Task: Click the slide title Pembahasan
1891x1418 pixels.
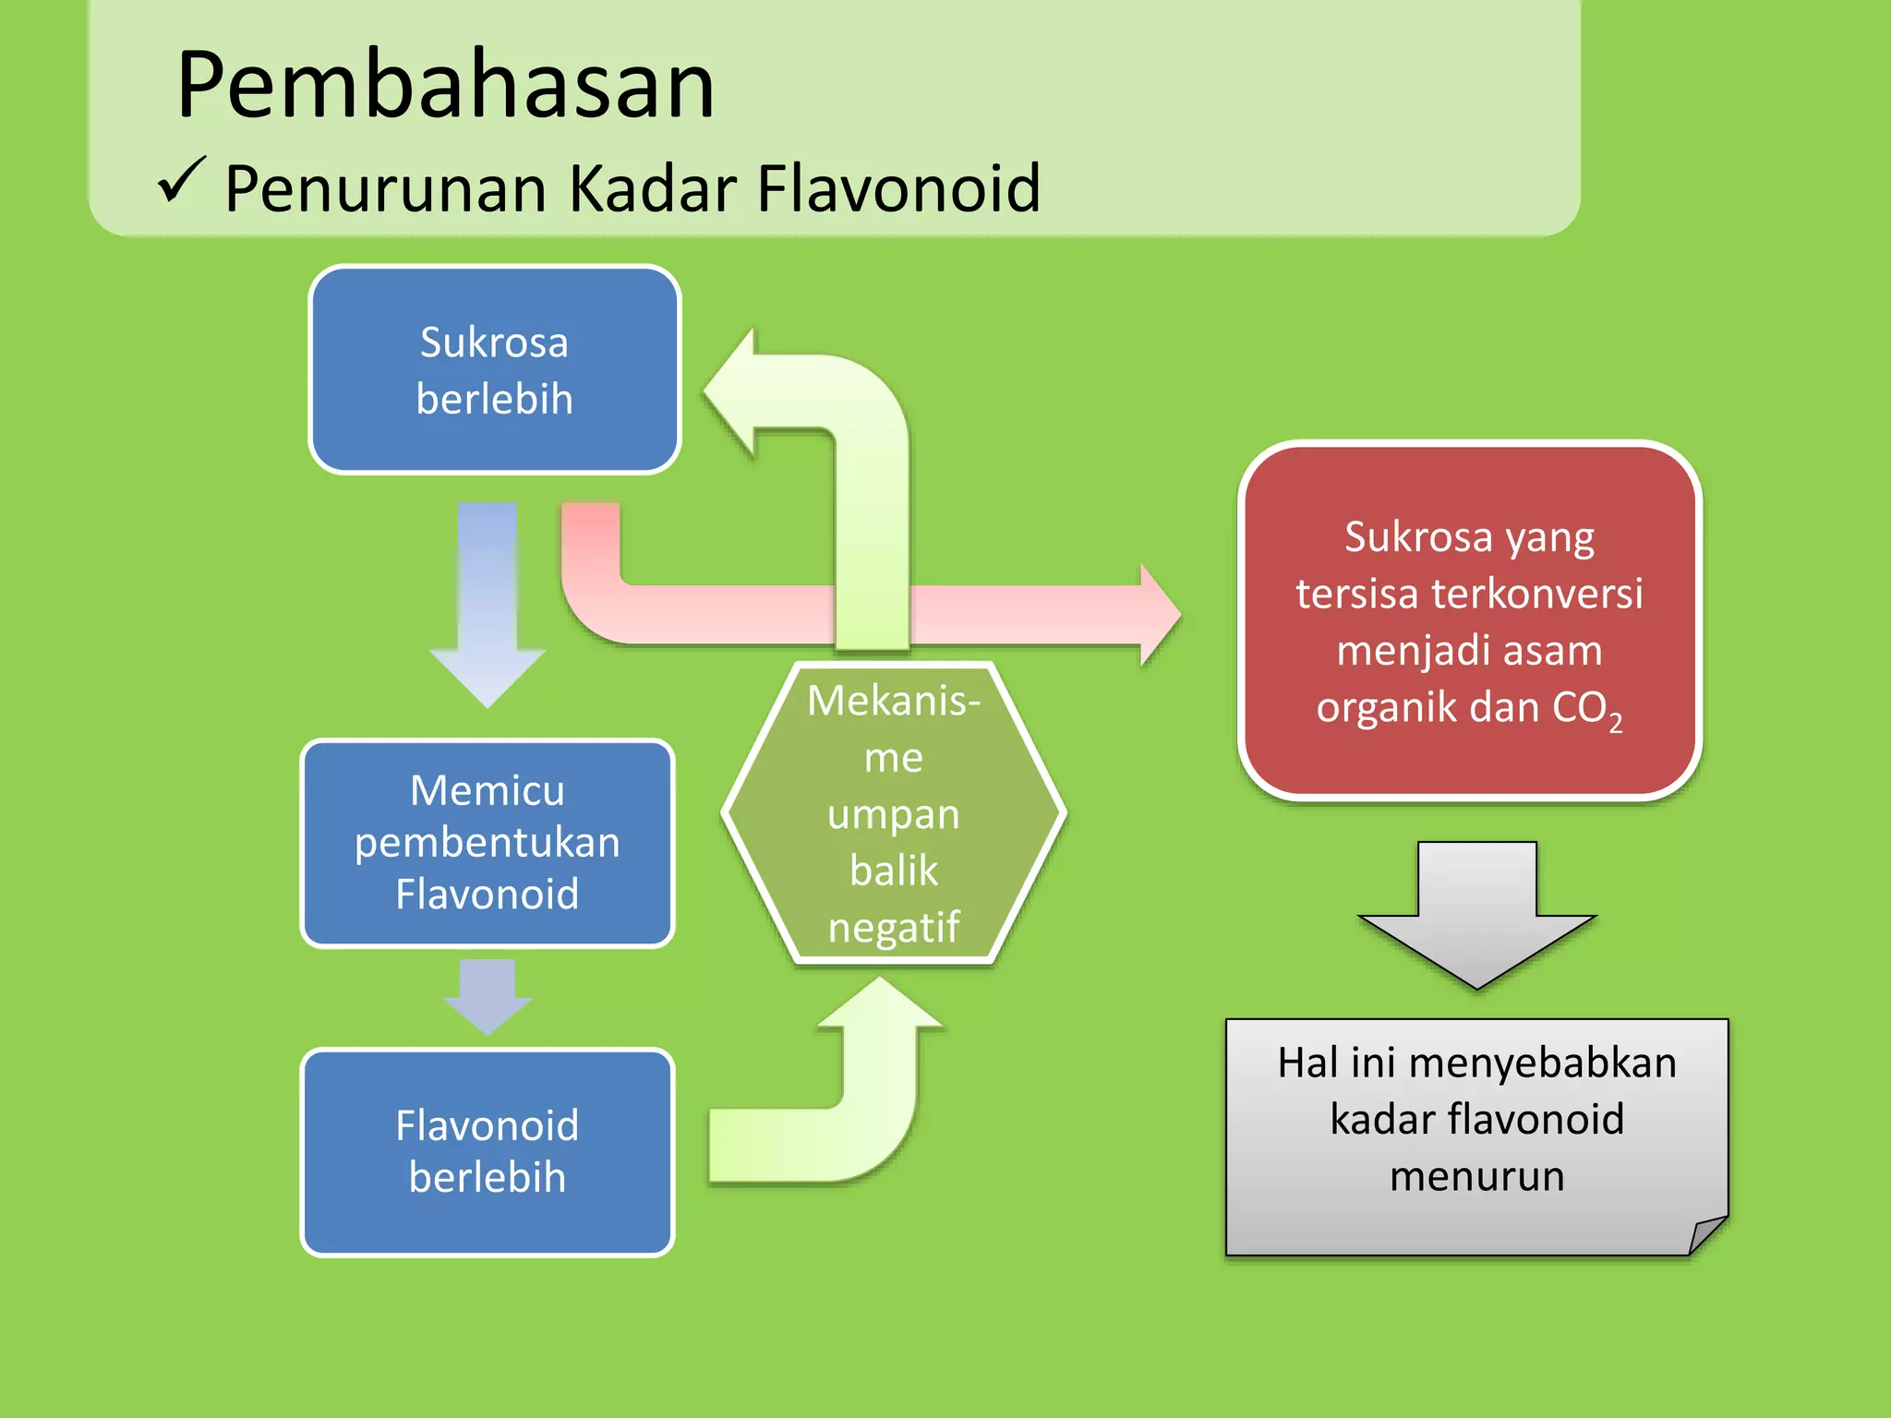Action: click(x=445, y=85)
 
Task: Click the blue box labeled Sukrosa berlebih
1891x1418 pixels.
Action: click(x=495, y=370)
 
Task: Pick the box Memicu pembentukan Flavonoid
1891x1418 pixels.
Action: click(x=488, y=842)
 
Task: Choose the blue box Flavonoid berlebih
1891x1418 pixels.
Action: click(x=488, y=1151)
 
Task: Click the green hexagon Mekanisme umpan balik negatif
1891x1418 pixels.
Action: click(x=894, y=813)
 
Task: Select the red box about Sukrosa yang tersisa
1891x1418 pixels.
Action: click(x=1469, y=620)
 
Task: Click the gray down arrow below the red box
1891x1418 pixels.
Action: click(x=1476, y=914)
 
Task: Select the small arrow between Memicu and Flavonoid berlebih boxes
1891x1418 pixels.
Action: click(x=488, y=996)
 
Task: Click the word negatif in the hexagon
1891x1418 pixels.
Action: click(x=894, y=927)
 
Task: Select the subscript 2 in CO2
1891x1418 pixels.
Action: click(x=1615, y=723)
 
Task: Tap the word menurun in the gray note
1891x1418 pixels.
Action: click(x=1476, y=1177)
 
